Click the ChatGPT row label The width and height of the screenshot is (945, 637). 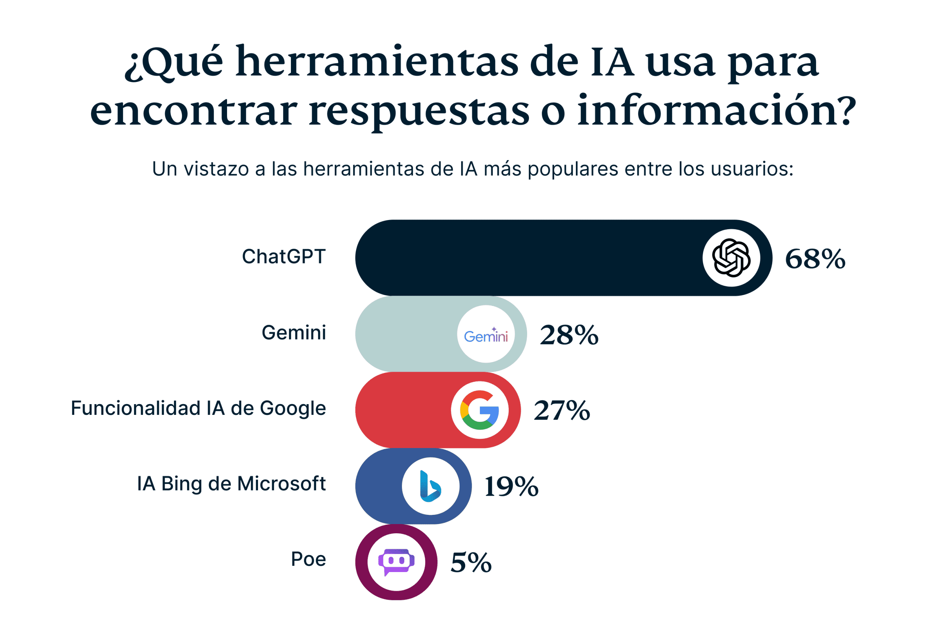pos(283,257)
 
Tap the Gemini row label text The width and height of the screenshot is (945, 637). pos(293,333)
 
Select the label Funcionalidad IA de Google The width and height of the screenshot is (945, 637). pos(198,408)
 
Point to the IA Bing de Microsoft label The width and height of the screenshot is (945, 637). pos(231,484)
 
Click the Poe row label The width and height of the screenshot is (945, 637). pos(308,559)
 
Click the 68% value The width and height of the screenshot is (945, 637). pos(815,259)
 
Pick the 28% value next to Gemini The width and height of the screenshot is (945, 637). pos(569,335)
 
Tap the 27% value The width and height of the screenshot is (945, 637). pos(562,410)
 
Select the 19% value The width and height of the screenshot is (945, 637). pos(512,486)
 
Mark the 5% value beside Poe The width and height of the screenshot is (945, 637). pos(471,563)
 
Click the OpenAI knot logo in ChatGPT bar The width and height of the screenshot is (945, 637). pos(731,258)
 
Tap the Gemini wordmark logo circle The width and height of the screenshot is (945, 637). pos(485,334)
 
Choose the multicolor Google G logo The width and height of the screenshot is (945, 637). pos(480,410)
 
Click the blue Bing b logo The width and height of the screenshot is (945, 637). pos(430,486)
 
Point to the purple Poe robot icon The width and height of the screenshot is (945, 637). pos(396,562)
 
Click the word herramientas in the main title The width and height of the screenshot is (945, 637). pos(377,62)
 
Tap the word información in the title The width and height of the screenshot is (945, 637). pos(716,110)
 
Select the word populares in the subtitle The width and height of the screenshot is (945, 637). pos(573,169)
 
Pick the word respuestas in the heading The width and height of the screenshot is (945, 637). pos(419,111)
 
